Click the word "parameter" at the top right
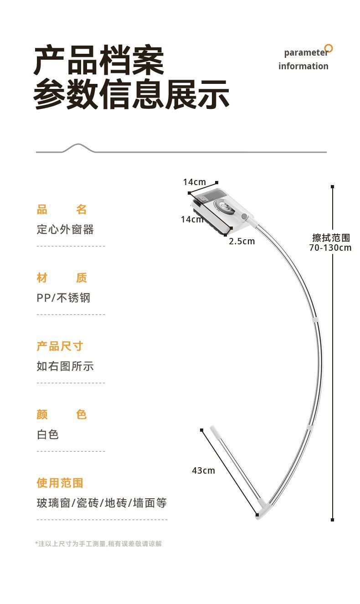click(306, 52)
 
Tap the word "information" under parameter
click(303, 66)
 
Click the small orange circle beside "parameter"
click(329, 48)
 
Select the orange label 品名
click(62, 210)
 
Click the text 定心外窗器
click(65, 229)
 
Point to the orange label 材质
click(62, 278)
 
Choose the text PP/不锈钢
click(63, 298)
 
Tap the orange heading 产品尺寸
click(60, 346)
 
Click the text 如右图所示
click(65, 366)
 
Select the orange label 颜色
click(62, 415)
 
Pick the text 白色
click(48, 434)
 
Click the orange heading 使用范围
click(60, 483)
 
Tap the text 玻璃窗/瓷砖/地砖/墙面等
click(102, 503)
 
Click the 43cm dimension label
click(203, 470)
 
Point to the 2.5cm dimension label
click(242, 241)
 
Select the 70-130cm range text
click(330, 248)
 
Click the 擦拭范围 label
click(331, 238)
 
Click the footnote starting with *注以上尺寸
click(98, 543)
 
